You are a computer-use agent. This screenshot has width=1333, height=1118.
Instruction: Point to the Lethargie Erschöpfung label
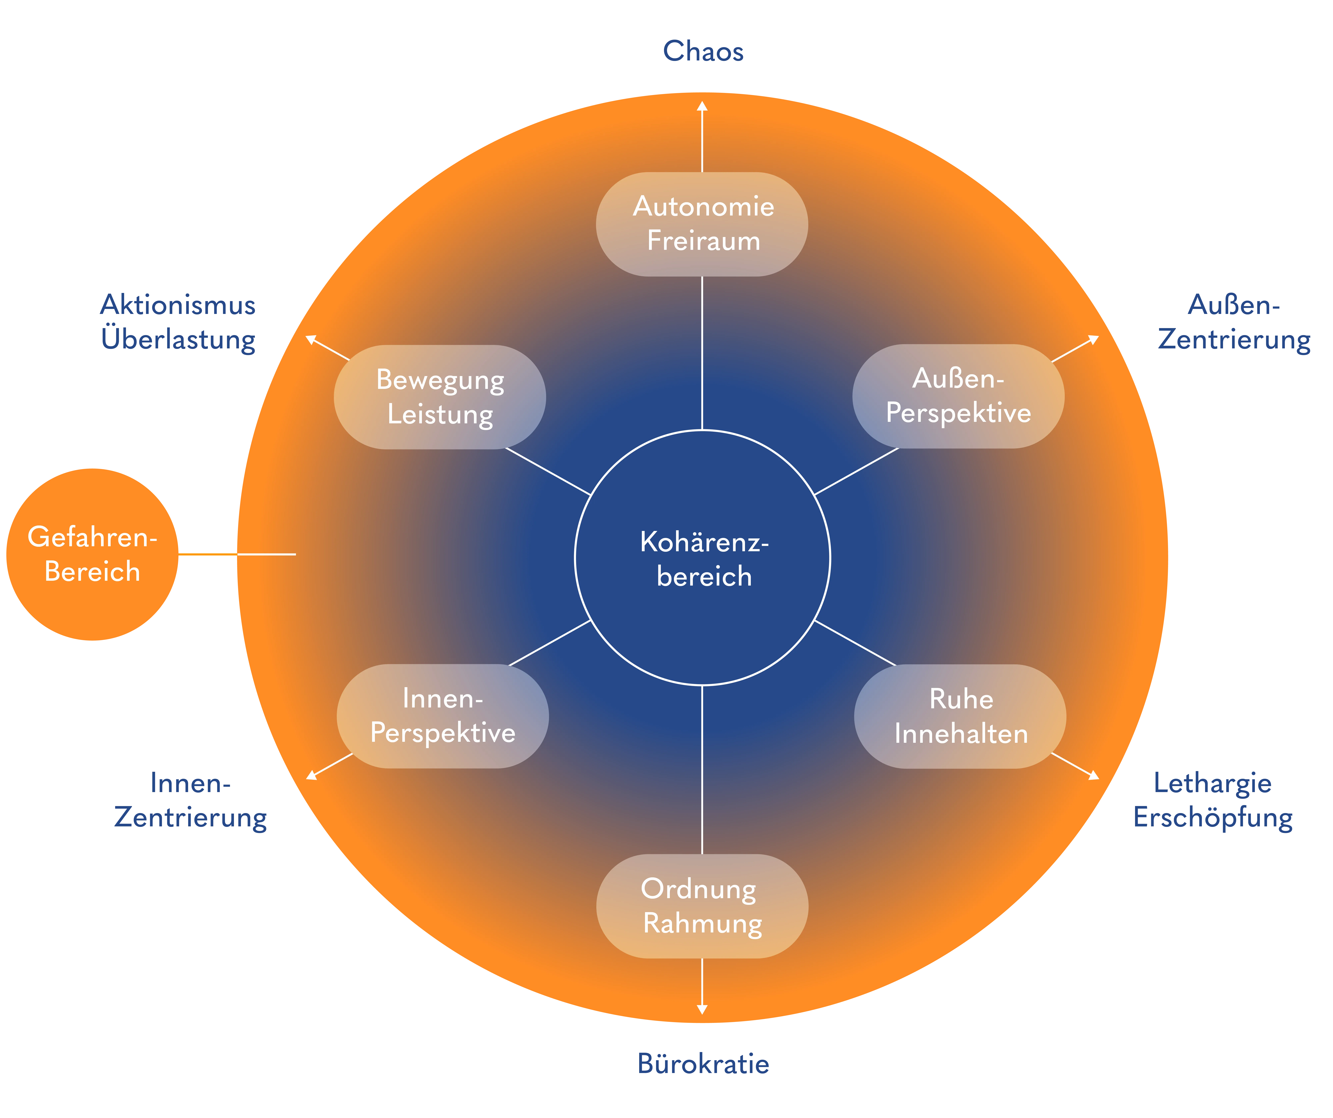point(1212,800)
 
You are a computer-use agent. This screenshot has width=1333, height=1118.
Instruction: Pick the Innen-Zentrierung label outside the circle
point(190,800)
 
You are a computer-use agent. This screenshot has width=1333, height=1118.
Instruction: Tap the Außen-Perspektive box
point(958,396)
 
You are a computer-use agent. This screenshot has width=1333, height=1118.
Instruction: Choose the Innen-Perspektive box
point(442,716)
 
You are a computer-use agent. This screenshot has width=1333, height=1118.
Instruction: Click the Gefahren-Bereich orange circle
point(92,554)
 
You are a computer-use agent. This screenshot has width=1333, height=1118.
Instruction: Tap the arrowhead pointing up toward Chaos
point(702,107)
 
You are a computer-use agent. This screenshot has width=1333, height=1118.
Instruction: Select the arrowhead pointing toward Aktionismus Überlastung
point(311,339)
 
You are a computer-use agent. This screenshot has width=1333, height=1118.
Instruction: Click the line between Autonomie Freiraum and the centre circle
point(702,352)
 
